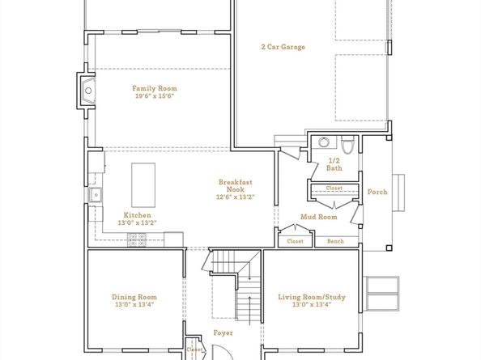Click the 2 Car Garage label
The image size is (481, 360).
pos(283,47)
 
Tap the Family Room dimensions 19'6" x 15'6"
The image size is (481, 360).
pos(155,96)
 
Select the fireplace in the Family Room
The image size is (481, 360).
pos(87,91)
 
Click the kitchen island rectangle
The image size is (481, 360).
pos(143,185)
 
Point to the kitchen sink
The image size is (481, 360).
pos(96,195)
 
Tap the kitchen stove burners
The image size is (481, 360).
pos(137,239)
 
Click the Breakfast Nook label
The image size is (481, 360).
pos(236,186)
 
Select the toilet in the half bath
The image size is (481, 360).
pos(347,146)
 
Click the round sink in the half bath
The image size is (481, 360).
pos(324,142)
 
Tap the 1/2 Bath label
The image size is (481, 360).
pos(334,164)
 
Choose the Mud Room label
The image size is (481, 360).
pos(319,217)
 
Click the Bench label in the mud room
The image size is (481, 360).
pos(335,241)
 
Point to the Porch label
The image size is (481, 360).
pos(377,192)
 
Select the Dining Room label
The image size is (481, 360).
pos(134,297)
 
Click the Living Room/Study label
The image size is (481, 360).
pos(312,297)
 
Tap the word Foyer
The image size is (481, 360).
pos(223,332)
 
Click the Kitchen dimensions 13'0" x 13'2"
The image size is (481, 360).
pos(137,222)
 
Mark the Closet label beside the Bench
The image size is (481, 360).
pos(295,241)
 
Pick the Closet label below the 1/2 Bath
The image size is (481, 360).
pos(334,188)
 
